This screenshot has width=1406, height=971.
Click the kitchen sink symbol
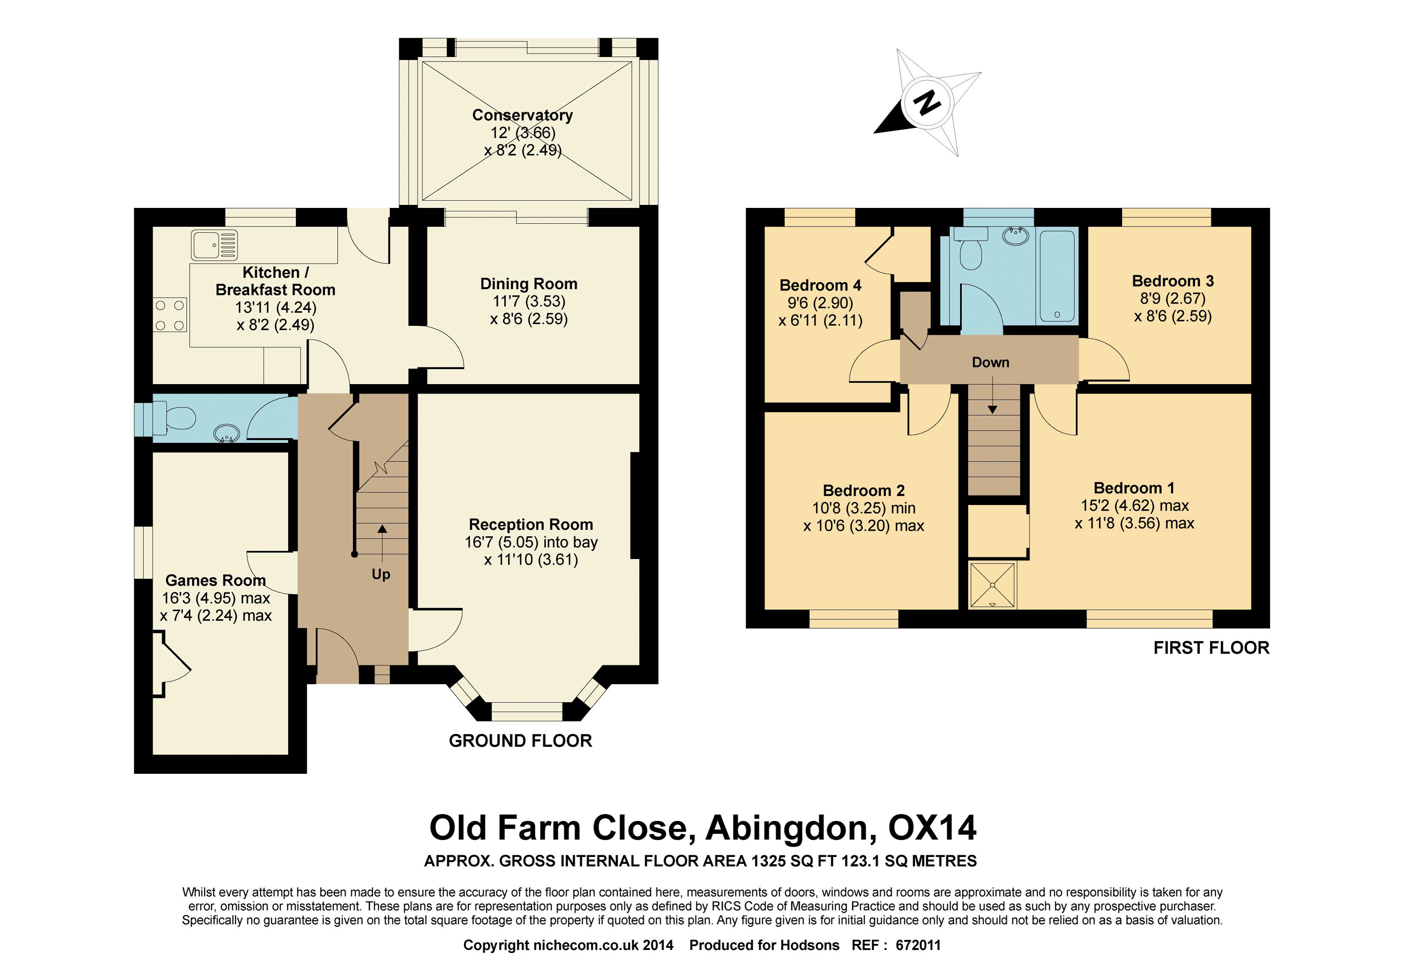[x=214, y=245]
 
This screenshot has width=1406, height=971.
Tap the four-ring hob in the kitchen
[x=170, y=315]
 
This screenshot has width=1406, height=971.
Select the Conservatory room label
[x=523, y=115]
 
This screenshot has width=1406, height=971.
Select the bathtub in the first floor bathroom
[x=1056, y=276]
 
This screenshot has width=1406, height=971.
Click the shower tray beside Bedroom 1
[x=992, y=585]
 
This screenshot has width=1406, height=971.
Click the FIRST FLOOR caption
[x=1211, y=647]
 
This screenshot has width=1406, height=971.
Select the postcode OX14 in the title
[x=933, y=827]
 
